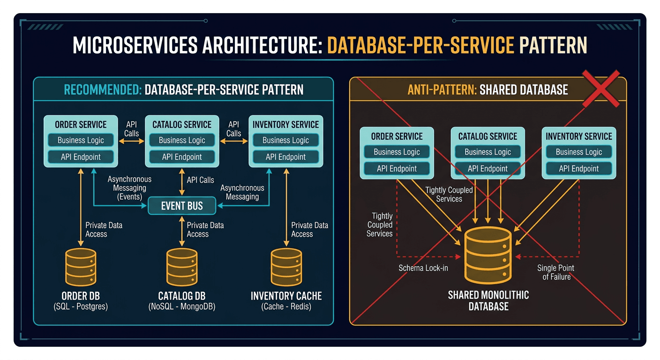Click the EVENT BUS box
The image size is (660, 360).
[x=182, y=206]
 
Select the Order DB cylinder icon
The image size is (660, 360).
[x=81, y=267]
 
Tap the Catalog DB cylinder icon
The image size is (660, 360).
[x=182, y=267]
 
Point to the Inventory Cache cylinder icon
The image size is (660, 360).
[x=286, y=267]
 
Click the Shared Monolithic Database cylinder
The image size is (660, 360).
[x=488, y=255]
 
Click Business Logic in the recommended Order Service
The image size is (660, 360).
[x=81, y=140]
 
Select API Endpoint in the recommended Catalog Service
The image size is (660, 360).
[x=182, y=157]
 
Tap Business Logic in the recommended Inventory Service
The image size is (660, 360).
[x=285, y=140]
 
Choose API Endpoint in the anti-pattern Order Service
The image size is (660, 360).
[x=397, y=169]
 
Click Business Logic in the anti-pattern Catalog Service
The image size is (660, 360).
[x=487, y=152]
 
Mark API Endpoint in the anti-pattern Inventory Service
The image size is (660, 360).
[x=578, y=169]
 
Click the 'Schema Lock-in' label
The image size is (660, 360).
[x=423, y=269]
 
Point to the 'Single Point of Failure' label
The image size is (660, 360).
[x=556, y=272]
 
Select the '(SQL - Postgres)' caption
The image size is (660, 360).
[x=81, y=307]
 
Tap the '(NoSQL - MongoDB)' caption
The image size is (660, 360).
[x=182, y=307]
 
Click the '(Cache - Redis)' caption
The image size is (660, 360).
[x=286, y=307]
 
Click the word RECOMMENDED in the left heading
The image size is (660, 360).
[x=103, y=90]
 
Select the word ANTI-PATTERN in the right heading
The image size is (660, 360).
[x=442, y=90]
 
